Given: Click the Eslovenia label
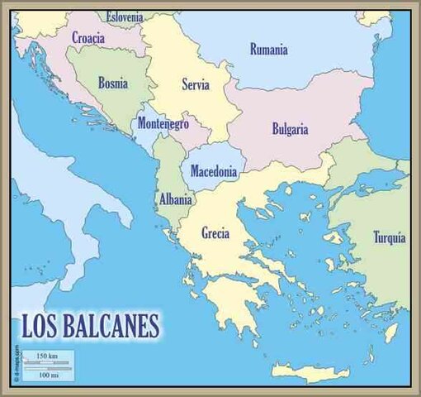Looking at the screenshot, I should pos(125,17).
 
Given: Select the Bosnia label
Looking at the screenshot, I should pos(112,83).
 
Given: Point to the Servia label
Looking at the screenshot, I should pos(196,84).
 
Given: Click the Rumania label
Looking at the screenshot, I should pos(269,50).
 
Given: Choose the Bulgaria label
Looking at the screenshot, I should pos(290,129).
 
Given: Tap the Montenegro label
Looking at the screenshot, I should pos(163,124).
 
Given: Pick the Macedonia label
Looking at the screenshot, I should pos(214,173).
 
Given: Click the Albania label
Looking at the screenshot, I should pos(175,199).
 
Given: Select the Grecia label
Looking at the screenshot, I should pos(215,233).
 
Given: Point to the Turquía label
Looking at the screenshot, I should pos(389,238).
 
